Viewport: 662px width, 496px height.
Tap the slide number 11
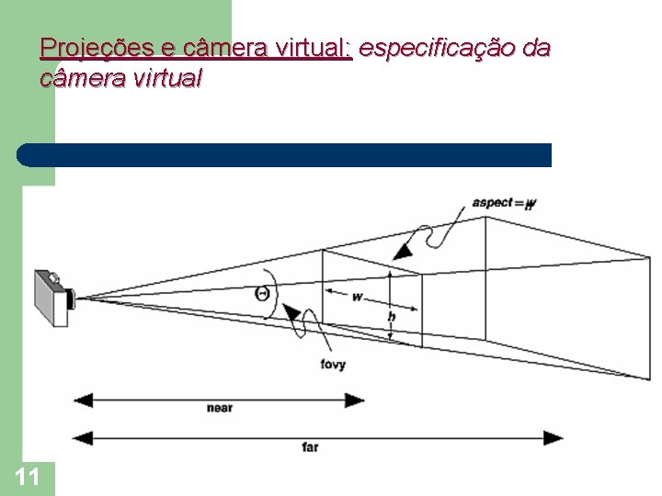pyautogui.click(x=28, y=476)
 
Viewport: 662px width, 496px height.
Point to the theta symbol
pyautogui.click(x=263, y=294)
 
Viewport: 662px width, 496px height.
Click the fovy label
pyautogui.click(x=333, y=365)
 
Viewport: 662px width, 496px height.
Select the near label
pyautogui.click(x=220, y=408)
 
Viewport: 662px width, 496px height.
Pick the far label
pyautogui.click(x=310, y=446)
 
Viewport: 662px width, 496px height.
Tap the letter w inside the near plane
pyautogui.click(x=357, y=297)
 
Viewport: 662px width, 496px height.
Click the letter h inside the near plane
pyautogui.click(x=391, y=315)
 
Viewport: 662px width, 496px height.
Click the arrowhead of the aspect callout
pyautogui.click(x=402, y=250)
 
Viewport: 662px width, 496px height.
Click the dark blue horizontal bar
pyautogui.click(x=285, y=154)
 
